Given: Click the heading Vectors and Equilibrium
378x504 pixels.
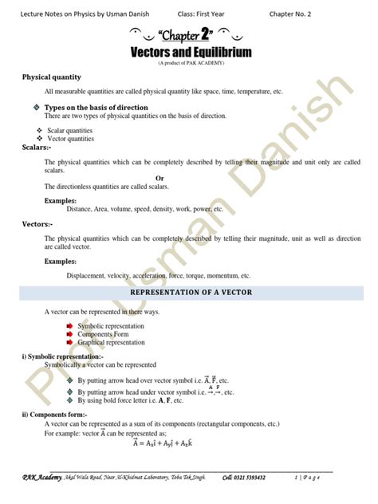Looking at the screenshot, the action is point(191,52).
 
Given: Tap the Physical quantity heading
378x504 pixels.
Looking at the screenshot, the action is point(51,77).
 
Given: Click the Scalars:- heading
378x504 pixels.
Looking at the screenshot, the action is point(36,147).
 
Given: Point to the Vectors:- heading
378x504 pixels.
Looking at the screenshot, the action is point(37,224).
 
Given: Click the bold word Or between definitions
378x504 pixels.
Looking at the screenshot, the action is point(159,178).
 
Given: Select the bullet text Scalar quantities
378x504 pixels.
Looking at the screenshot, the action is point(69,129).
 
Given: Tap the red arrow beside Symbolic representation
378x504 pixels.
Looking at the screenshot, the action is point(69,326).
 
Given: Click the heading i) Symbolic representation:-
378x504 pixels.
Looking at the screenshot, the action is point(68,356).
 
